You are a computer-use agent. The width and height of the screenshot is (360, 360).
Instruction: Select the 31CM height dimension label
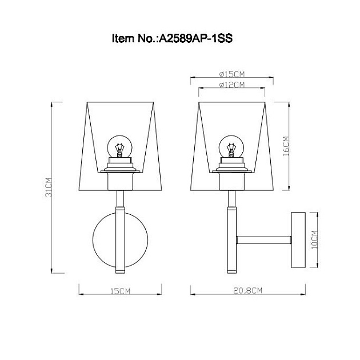click(x=50, y=187)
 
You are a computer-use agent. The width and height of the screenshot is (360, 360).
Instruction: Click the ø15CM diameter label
click(x=231, y=74)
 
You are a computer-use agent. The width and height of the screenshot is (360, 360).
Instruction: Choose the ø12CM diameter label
click(x=231, y=85)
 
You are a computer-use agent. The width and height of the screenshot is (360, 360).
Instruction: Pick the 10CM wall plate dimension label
click(x=314, y=239)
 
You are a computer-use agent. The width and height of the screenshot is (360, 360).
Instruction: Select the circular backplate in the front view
click(x=106, y=239)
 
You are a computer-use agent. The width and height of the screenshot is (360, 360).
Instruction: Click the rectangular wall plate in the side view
click(x=298, y=239)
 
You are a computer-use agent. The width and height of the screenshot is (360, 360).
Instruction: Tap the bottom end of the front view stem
click(x=121, y=269)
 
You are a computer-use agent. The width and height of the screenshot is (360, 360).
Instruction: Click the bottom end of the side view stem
click(x=231, y=269)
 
